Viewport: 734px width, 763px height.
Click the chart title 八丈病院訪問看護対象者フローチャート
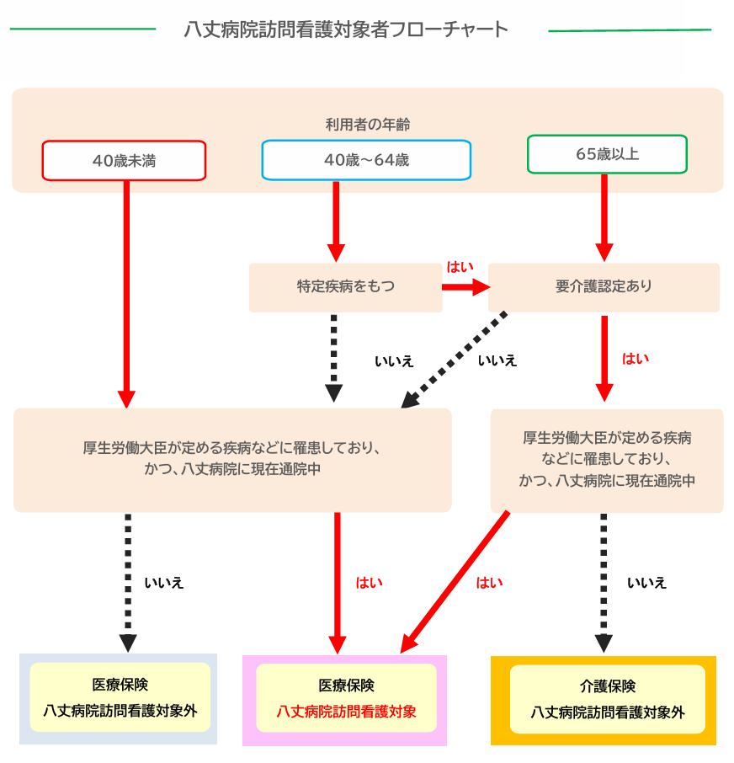click(x=346, y=29)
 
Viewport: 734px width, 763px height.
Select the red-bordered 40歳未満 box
click(x=124, y=160)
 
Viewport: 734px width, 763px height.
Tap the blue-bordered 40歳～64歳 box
click(x=366, y=160)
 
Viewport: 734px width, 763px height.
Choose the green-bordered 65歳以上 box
click(x=607, y=155)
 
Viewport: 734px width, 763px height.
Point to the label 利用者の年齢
click(x=367, y=125)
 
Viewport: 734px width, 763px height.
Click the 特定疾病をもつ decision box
click(x=345, y=287)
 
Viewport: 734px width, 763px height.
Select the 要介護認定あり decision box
click(x=604, y=287)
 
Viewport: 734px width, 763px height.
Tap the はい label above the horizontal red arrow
click(x=460, y=267)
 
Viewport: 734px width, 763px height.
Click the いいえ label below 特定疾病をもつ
click(x=394, y=361)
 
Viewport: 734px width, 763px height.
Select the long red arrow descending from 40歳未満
click(x=126, y=286)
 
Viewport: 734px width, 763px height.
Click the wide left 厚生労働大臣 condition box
click(x=232, y=459)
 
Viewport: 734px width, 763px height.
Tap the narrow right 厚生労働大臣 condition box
click(x=607, y=460)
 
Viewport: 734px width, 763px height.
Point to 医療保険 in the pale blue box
click(x=120, y=685)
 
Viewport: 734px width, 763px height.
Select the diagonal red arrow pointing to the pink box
click(x=455, y=581)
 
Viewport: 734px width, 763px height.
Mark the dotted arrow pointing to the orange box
click(x=604, y=581)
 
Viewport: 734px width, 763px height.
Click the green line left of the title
click(x=82, y=29)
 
